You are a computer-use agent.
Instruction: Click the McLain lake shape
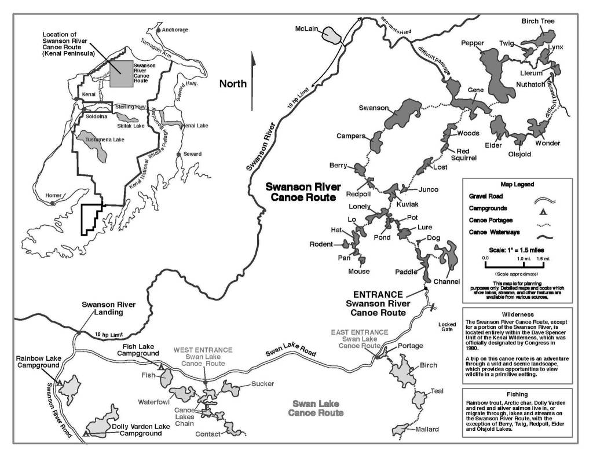pyautogui.click(x=331, y=35)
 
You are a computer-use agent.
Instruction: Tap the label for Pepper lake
pyautogui.click(x=473, y=43)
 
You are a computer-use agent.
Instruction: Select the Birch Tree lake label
pyautogui.click(x=538, y=21)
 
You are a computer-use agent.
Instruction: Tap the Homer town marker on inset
pyautogui.click(x=53, y=203)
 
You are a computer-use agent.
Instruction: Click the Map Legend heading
pyautogui.click(x=517, y=184)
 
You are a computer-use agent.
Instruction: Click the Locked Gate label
pyautogui.click(x=447, y=327)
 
